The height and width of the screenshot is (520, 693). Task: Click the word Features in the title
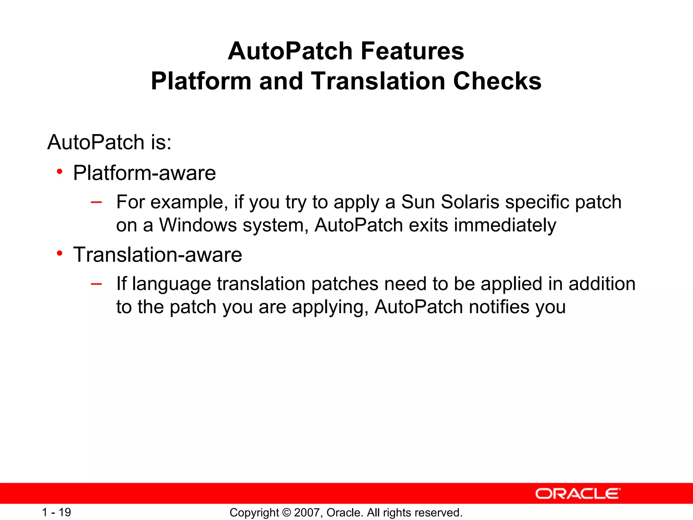pos(412,51)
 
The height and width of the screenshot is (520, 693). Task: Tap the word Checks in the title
pos(497,81)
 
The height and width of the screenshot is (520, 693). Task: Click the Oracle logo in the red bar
pos(578,494)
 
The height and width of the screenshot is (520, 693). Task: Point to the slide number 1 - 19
pos(57,512)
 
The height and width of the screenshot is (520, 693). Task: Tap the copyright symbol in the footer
pos(286,513)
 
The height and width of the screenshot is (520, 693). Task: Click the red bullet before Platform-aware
pos(60,172)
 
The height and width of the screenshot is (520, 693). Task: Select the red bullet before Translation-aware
pos(60,253)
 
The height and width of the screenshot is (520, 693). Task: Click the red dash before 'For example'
pos(96,202)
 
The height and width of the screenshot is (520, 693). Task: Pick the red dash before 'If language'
pos(96,284)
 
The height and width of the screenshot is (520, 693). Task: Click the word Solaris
pos(470,202)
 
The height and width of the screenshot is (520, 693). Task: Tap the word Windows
pos(198,225)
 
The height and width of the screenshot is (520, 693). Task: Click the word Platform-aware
pos(144,173)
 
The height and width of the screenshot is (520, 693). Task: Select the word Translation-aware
pos(158,255)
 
